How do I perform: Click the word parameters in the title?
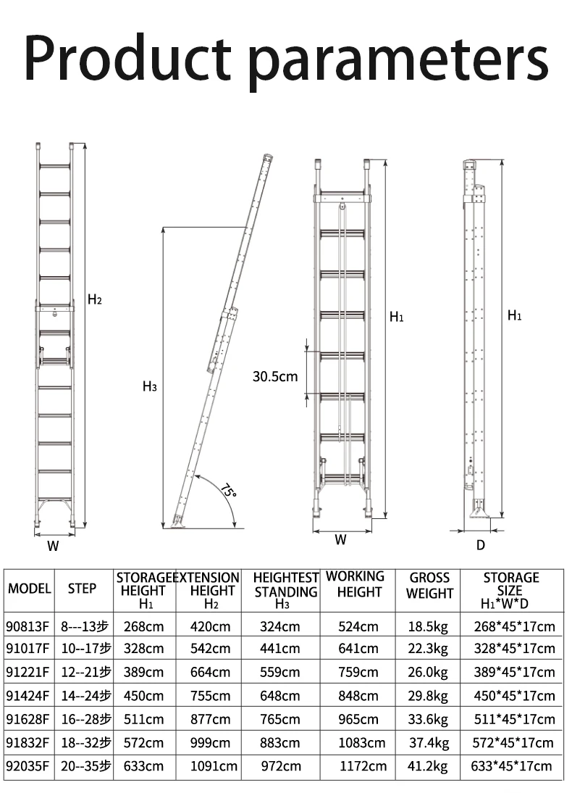pyautogui.click(x=400, y=59)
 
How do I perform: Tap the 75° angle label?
pyautogui.click(x=228, y=491)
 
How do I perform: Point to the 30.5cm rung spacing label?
pyautogui.click(x=275, y=376)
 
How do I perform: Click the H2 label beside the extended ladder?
pyautogui.click(x=95, y=299)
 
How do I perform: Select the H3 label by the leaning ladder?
pyautogui.click(x=149, y=386)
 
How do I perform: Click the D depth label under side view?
pyautogui.click(x=480, y=545)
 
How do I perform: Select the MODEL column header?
pyautogui.click(x=30, y=589)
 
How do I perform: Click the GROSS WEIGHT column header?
pyautogui.click(x=429, y=586)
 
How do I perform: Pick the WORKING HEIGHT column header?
pyautogui.click(x=355, y=584)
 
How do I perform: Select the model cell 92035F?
pyautogui.click(x=28, y=766)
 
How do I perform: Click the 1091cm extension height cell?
pyautogui.click(x=214, y=766)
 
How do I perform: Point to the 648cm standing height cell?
pyautogui.click(x=279, y=696)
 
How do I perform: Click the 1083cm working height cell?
pyautogui.click(x=361, y=743)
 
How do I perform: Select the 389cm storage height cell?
pyautogui.click(x=144, y=672)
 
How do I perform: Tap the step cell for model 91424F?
pyautogui.click(x=85, y=696)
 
